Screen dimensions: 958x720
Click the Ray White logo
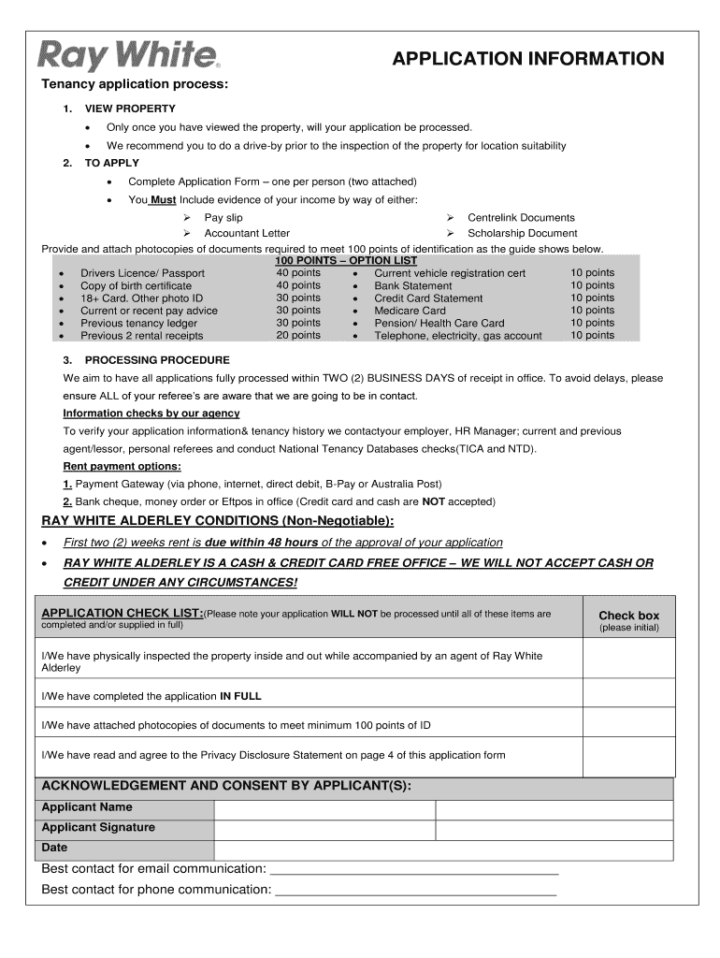pyautogui.click(x=129, y=56)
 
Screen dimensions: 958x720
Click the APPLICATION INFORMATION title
pyautogui.click(x=528, y=59)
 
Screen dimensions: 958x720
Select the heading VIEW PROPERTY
pyautogui.click(x=123, y=109)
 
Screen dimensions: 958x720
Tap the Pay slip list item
pyautogui.click(x=223, y=217)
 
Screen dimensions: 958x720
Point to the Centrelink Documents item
pyautogui.click(x=521, y=217)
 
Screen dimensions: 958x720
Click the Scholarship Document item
pyautogui.click(x=523, y=233)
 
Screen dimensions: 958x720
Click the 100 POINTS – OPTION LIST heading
pyautogui.click(x=346, y=260)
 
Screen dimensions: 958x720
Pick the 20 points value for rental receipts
pyautogui.click(x=298, y=335)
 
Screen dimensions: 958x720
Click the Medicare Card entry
pyautogui.click(x=410, y=311)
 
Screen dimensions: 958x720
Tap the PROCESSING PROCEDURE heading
pyautogui.click(x=156, y=360)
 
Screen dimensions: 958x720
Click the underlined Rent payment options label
pyautogui.click(x=122, y=466)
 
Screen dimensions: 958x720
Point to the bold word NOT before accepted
pyautogui.click(x=433, y=501)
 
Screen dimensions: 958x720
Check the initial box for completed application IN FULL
pyautogui.click(x=628, y=696)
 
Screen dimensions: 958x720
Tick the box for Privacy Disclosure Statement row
pyautogui.click(x=628, y=754)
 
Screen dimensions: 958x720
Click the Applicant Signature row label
pyautogui.click(x=98, y=828)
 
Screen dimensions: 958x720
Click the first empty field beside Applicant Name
pyautogui.click(x=324, y=807)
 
